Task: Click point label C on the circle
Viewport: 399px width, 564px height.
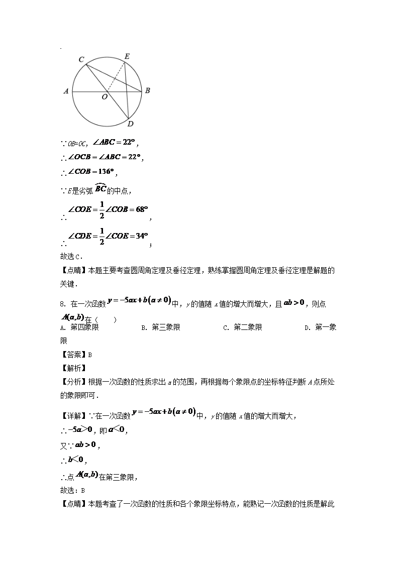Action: (x=81, y=59)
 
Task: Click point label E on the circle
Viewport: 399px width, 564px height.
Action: (x=127, y=56)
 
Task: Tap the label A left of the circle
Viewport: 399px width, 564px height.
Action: (x=66, y=91)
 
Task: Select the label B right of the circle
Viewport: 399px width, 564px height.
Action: (x=147, y=91)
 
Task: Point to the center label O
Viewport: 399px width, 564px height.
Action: (x=105, y=97)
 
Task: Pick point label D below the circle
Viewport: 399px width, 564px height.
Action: (x=130, y=124)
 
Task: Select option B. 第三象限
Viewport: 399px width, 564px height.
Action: (x=161, y=327)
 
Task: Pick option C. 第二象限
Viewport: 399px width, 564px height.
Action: (x=243, y=327)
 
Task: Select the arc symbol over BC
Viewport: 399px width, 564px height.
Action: (x=101, y=184)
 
